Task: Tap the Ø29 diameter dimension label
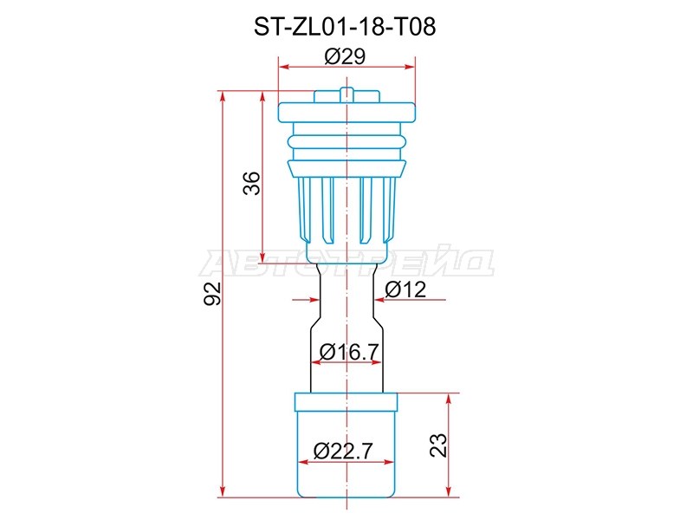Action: (345, 57)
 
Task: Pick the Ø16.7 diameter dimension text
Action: (346, 352)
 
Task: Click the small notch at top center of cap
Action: (346, 92)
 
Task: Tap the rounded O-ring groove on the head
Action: (346, 140)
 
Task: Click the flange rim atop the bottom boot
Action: (346, 402)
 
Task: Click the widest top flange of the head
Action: (346, 112)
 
